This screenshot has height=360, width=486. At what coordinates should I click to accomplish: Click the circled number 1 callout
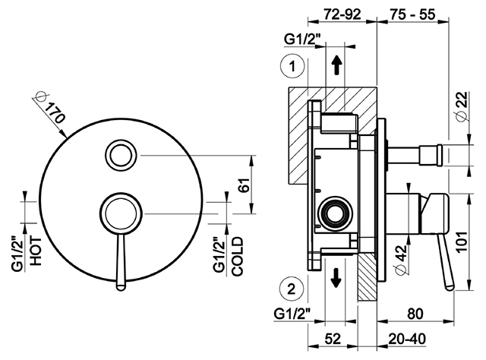(x=292, y=67)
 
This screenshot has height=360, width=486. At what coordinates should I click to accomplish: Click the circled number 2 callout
(x=292, y=289)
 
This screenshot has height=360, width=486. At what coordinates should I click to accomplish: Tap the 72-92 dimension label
(x=342, y=14)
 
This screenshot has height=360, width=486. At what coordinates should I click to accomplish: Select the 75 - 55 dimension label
(x=412, y=14)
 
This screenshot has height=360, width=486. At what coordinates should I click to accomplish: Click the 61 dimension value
(x=245, y=185)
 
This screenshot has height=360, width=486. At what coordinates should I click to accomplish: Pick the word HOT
(x=36, y=251)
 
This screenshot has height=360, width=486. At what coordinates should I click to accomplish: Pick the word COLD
(x=238, y=256)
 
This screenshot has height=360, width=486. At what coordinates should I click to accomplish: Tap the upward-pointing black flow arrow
(x=336, y=66)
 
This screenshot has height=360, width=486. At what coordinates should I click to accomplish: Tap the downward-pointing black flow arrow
(x=336, y=277)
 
